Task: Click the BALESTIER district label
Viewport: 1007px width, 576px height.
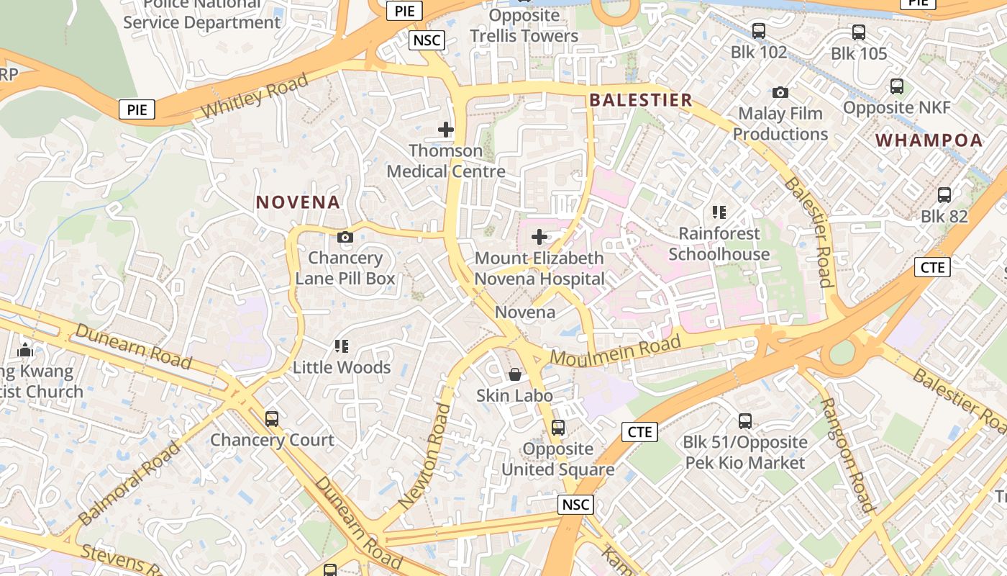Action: [x=641, y=100]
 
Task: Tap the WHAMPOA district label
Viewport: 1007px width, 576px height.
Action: [x=929, y=140]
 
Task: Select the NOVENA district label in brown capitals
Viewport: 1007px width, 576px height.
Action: [x=298, y=202]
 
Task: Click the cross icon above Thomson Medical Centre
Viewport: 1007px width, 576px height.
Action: [x=446, y=130]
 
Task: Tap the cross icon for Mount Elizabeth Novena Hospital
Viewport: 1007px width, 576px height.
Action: [x=539, y=236]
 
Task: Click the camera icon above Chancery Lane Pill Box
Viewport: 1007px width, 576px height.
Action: [x=345, y=237]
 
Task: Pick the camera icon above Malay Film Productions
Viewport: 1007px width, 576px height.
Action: [x=780, y=92]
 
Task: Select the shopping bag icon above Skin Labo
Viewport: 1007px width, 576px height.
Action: [x=515, y=374]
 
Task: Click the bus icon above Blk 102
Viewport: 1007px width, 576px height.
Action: [x=759, y=31]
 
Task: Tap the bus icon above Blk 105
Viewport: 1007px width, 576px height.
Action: [x=859, y=32]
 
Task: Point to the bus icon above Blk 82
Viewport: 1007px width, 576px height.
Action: [x=944, y=194]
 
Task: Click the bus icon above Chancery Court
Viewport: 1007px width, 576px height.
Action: [x=272, y=418]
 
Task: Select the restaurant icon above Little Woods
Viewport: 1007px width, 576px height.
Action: [x=342, y=346]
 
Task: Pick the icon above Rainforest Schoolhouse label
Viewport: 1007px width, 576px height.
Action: [x=719, y=212]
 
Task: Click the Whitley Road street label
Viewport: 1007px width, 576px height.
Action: [x=255, y=96]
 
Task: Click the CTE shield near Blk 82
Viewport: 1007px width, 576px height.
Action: [x=933, y=267]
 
